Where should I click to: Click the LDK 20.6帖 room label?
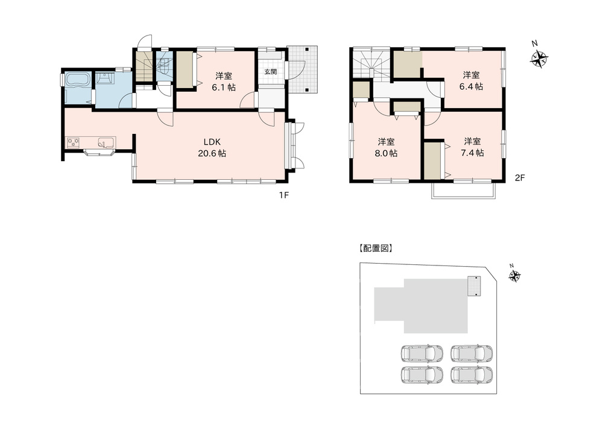tap(212, 147)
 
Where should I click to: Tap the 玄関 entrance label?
tap(271, 72)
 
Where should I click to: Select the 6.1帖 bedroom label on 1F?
tap(224, 81)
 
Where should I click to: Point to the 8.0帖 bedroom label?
tap(386, 147)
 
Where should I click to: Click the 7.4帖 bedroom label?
tap(472, 147)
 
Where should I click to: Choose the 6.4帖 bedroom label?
tap(471, 81)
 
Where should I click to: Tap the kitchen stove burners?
tap(74, 142)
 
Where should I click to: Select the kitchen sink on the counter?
tap(106, 142)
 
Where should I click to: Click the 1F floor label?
tap(284, 196)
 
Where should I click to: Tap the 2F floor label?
tap(520, 178)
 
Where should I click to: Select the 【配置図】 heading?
tap(375, 249)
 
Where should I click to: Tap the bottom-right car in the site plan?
tap(472, 375)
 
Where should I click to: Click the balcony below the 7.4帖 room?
tap(464, 191)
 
